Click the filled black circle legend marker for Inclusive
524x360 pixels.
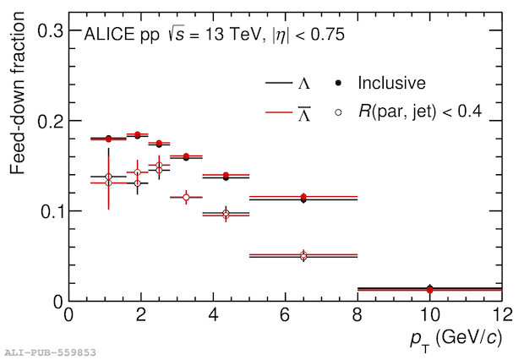click(x=338, y=83)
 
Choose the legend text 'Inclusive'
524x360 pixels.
click(x=390, y=83)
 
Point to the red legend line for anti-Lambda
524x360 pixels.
click(x=278, y=112)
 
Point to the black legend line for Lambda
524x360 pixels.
click(x=278, y=83)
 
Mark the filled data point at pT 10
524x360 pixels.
click(x=429, y=289)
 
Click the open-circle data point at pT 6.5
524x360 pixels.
click(x=303, y=255)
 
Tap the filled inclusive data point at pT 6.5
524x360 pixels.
click(x=303, y=198)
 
